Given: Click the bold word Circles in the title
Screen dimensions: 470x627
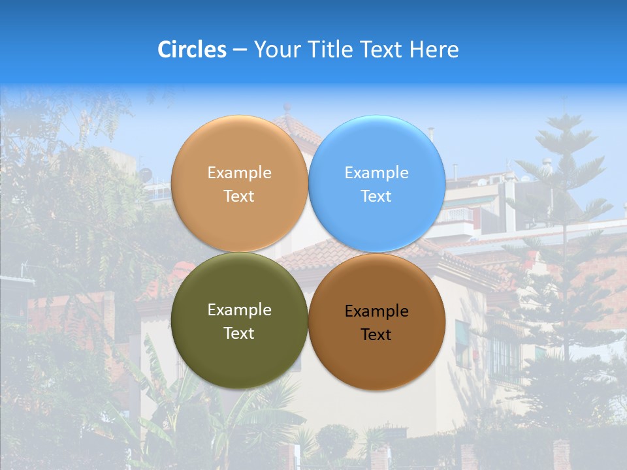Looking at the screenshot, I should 192,50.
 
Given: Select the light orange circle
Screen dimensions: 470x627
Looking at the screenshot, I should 239,183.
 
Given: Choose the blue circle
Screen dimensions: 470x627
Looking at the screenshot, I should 377,183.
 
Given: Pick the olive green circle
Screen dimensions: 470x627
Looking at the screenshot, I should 239,321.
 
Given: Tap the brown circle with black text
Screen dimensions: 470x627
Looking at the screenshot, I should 377,322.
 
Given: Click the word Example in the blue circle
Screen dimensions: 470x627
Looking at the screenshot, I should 377,172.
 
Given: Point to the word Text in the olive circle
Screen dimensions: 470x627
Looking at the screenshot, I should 239,333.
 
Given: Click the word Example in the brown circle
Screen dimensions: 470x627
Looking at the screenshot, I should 377,311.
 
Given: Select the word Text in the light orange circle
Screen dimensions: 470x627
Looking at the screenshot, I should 239,196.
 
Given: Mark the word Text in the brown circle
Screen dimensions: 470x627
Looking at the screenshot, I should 376,334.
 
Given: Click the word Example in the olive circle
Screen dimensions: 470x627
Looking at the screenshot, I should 239,309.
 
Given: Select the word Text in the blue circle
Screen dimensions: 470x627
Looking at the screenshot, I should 376,196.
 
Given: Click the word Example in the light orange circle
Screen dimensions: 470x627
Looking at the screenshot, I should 239,172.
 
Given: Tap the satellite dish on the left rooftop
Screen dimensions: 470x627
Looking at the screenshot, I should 145,174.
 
